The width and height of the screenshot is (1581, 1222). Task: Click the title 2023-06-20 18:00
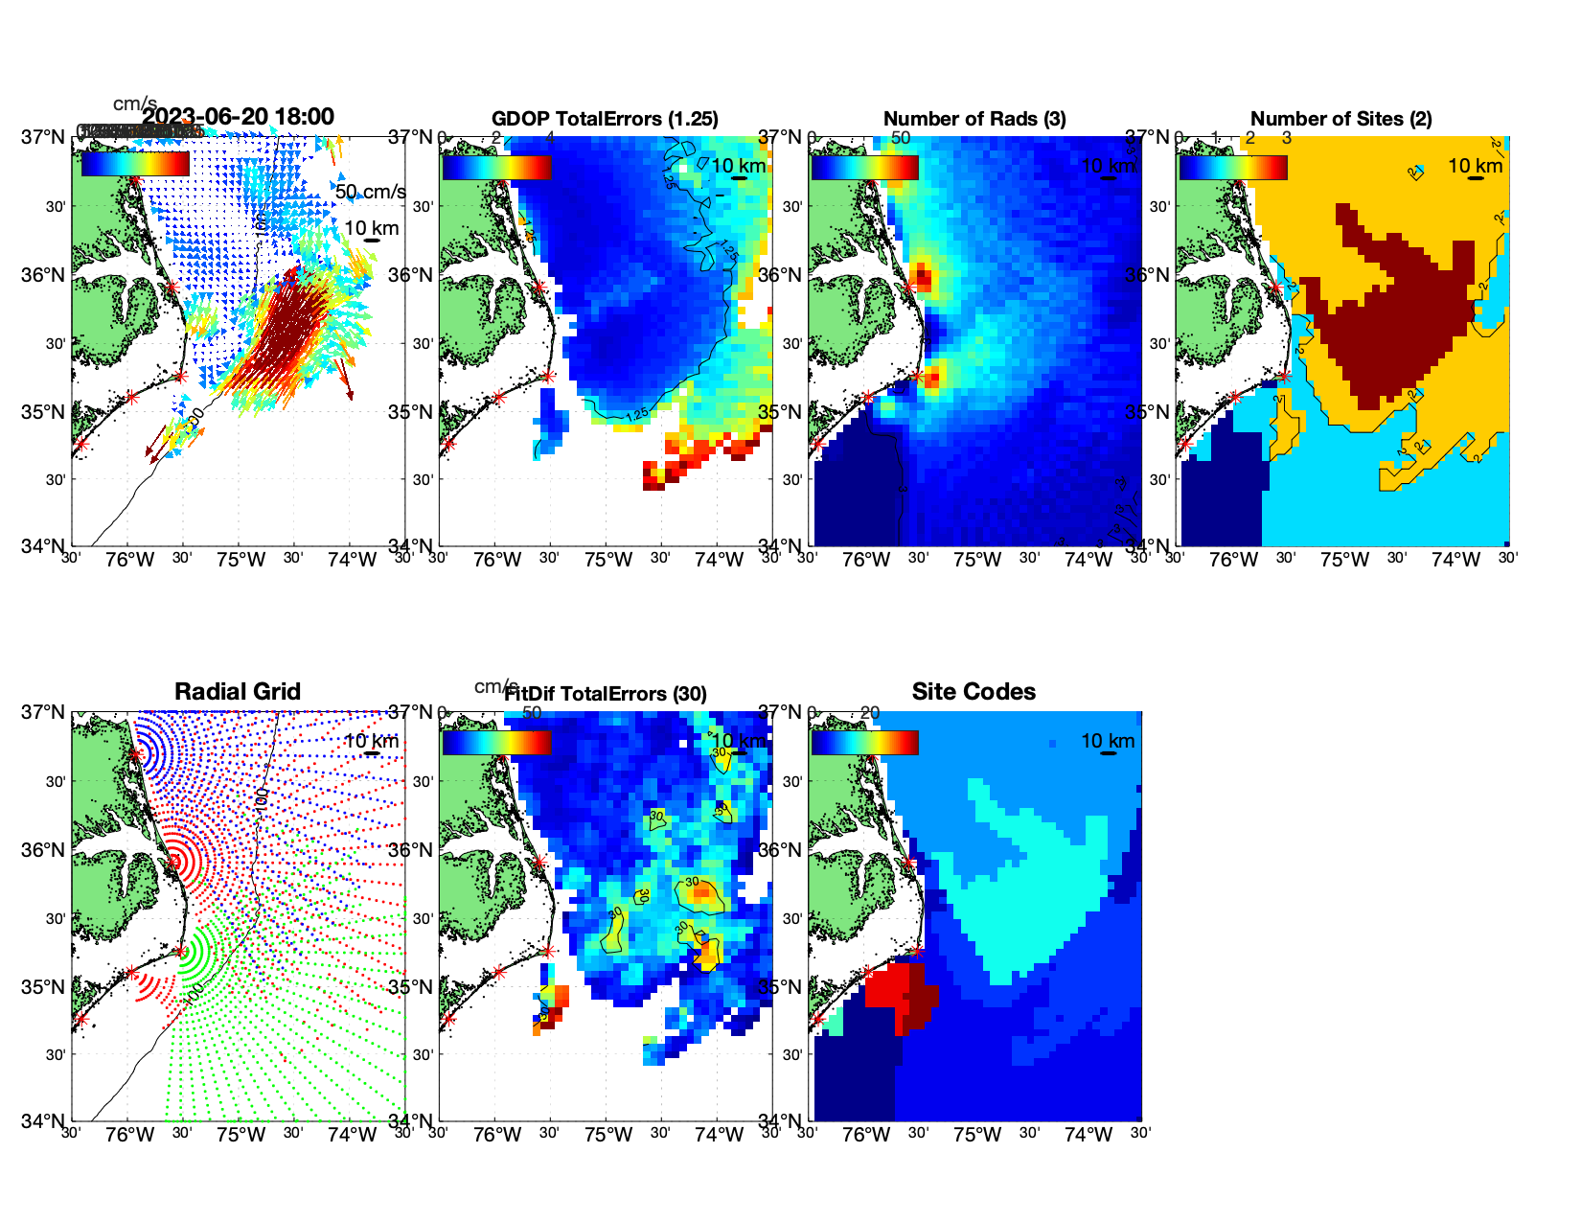[238, 117]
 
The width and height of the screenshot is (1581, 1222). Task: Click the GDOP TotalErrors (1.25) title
[605, 119]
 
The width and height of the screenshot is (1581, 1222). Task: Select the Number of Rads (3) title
[974, 119]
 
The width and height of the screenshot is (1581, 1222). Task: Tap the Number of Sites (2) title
[1340, 119]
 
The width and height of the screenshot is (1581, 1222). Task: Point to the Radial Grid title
[238, 692]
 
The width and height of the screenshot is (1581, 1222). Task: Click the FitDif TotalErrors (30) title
[606, 694]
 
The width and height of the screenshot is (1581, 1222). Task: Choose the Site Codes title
[974, 692]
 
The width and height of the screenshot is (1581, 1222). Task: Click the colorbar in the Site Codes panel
[864, 743]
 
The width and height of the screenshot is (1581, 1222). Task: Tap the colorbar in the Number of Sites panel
[1233, 168]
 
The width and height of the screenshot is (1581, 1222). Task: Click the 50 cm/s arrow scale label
[370, 192]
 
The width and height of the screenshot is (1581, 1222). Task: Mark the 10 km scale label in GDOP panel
[738, 166]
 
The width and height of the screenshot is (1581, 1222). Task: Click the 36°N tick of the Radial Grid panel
[44, 850]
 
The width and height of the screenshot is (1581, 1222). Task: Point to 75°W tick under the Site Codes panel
[977, 1135]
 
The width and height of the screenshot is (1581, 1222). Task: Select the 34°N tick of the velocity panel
[44, 546]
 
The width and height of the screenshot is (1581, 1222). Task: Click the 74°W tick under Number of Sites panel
[1455, 560]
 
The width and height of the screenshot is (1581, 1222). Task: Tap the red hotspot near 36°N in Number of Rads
[923, 278]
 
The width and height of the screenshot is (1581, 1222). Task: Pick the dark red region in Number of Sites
[1389, 307]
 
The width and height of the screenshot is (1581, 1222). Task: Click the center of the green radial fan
[181, 952]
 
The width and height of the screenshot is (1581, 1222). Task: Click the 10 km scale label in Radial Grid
[371, 741]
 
